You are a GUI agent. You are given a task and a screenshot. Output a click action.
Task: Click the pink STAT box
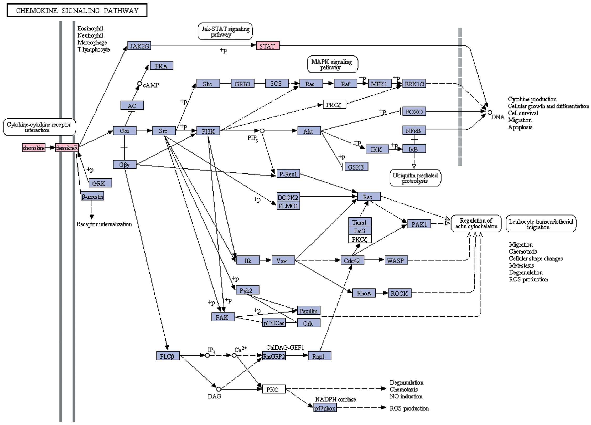click(268, 46)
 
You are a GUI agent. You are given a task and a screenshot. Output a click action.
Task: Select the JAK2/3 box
click(139, 46)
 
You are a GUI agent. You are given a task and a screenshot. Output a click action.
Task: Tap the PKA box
click(161, 66)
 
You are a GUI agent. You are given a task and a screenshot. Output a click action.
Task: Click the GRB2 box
click(242, 84)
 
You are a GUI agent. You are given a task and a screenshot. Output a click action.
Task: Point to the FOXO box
click(414, 111)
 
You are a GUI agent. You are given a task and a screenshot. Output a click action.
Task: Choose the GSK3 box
click(356, 167)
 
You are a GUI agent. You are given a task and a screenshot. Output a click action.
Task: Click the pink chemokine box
click(34, 148)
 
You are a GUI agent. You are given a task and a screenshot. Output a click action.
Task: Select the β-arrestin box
click(92, 196)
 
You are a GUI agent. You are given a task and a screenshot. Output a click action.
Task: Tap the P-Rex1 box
click(288, 174)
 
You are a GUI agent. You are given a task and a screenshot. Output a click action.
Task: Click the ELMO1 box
click(288, 206)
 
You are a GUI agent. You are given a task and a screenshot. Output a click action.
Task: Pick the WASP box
click(396, 260)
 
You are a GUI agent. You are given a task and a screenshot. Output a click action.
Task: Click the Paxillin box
click(308, 311)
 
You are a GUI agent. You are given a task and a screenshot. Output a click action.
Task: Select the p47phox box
click(325, 408)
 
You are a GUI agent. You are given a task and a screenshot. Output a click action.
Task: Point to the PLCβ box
click(168, 356)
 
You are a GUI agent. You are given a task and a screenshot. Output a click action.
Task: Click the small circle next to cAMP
click(140, 84)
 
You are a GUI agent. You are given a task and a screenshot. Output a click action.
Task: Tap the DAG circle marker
click(219, 389)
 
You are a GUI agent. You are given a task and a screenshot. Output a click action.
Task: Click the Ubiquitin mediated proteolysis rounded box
click(415, 178)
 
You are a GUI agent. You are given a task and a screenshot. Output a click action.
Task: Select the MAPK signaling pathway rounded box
click(332, 64)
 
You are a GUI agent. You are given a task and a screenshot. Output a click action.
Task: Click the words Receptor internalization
click(104, 224)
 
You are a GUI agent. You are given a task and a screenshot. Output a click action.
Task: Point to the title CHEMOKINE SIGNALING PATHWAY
click(77, 11)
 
